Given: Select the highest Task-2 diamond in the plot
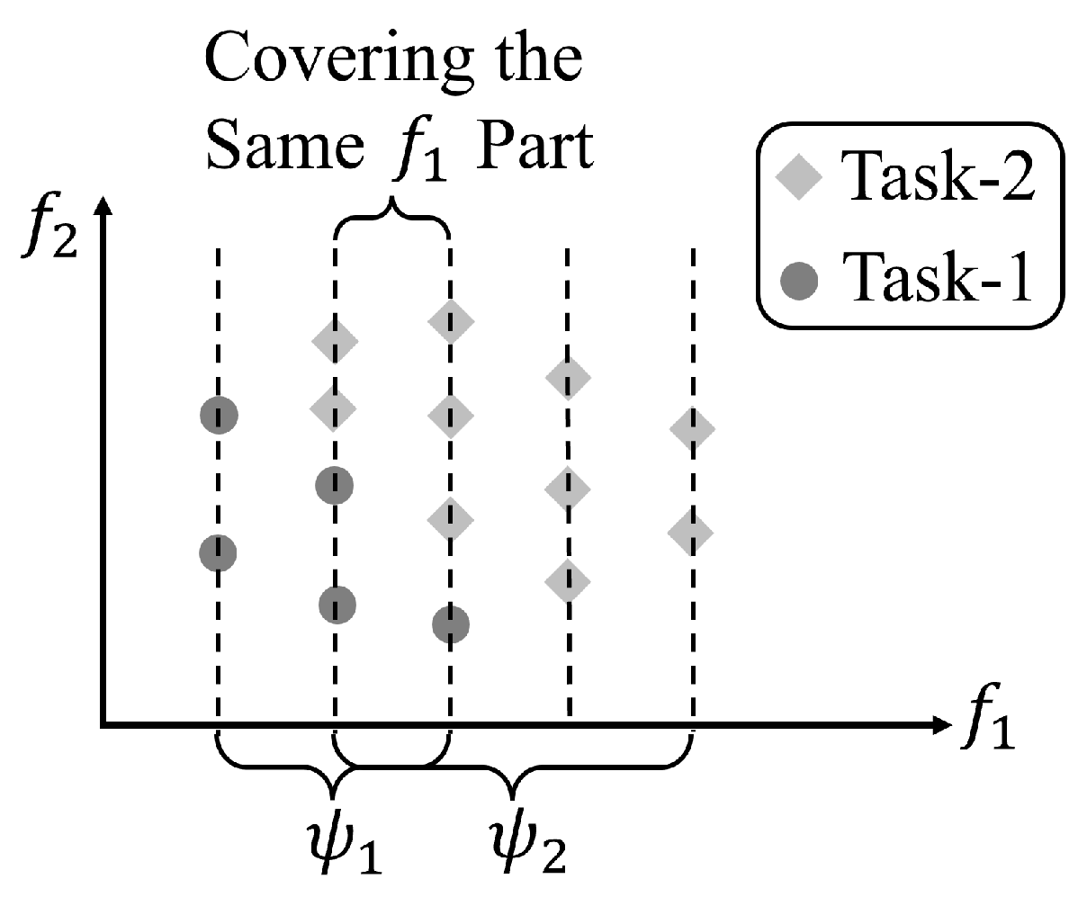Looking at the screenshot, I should click(x=451, y=320).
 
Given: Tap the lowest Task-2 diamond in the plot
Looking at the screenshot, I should click(x=567, y=581).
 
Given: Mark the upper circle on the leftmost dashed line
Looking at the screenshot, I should click(x=218, y=415).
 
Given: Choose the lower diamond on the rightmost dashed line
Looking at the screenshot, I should click(x=691, y=532).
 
